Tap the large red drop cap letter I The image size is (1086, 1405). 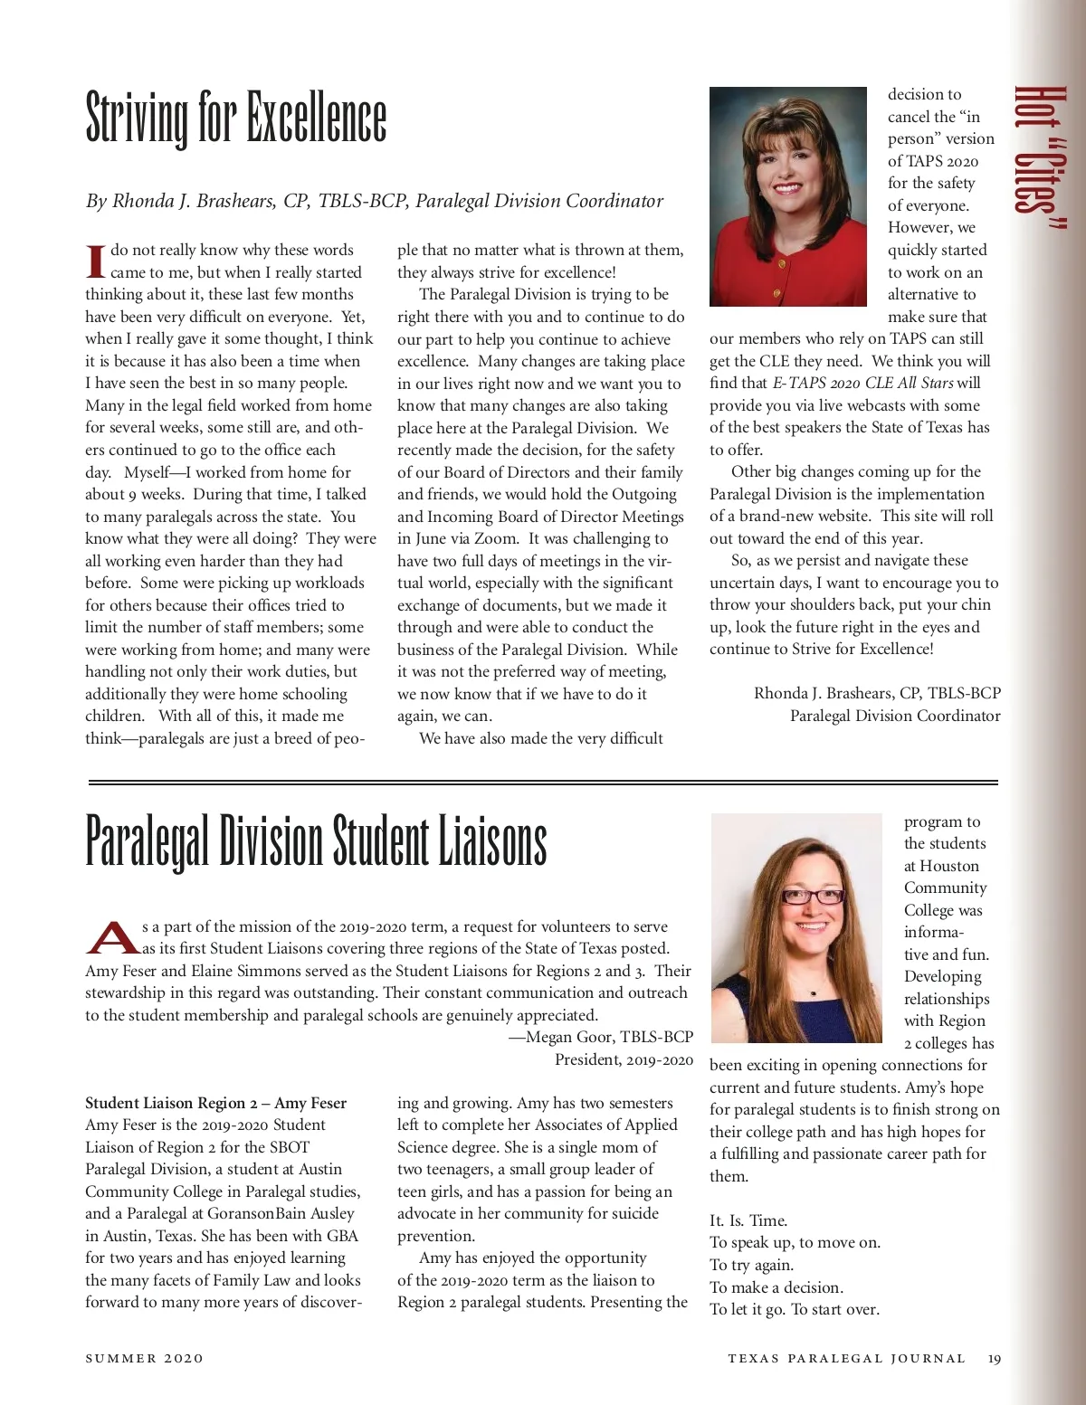coord(96,261)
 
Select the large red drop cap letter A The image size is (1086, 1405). coord(113,937)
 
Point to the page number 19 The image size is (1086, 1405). coord(995,1359)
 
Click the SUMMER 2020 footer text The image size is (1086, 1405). coord(144,1359)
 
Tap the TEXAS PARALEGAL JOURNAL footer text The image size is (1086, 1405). coord(846,1359)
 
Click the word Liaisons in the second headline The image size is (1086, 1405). coord(492,841)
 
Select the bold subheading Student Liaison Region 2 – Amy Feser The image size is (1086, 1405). coord(215,1103)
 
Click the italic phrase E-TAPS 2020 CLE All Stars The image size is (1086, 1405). coord(863,383)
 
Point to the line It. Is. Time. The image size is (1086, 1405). coord(748,1220)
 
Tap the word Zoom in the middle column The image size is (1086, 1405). coord(496,538)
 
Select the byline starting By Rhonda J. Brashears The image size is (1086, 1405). coord(374,201)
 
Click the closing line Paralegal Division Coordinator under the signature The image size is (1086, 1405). coord(895,716)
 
